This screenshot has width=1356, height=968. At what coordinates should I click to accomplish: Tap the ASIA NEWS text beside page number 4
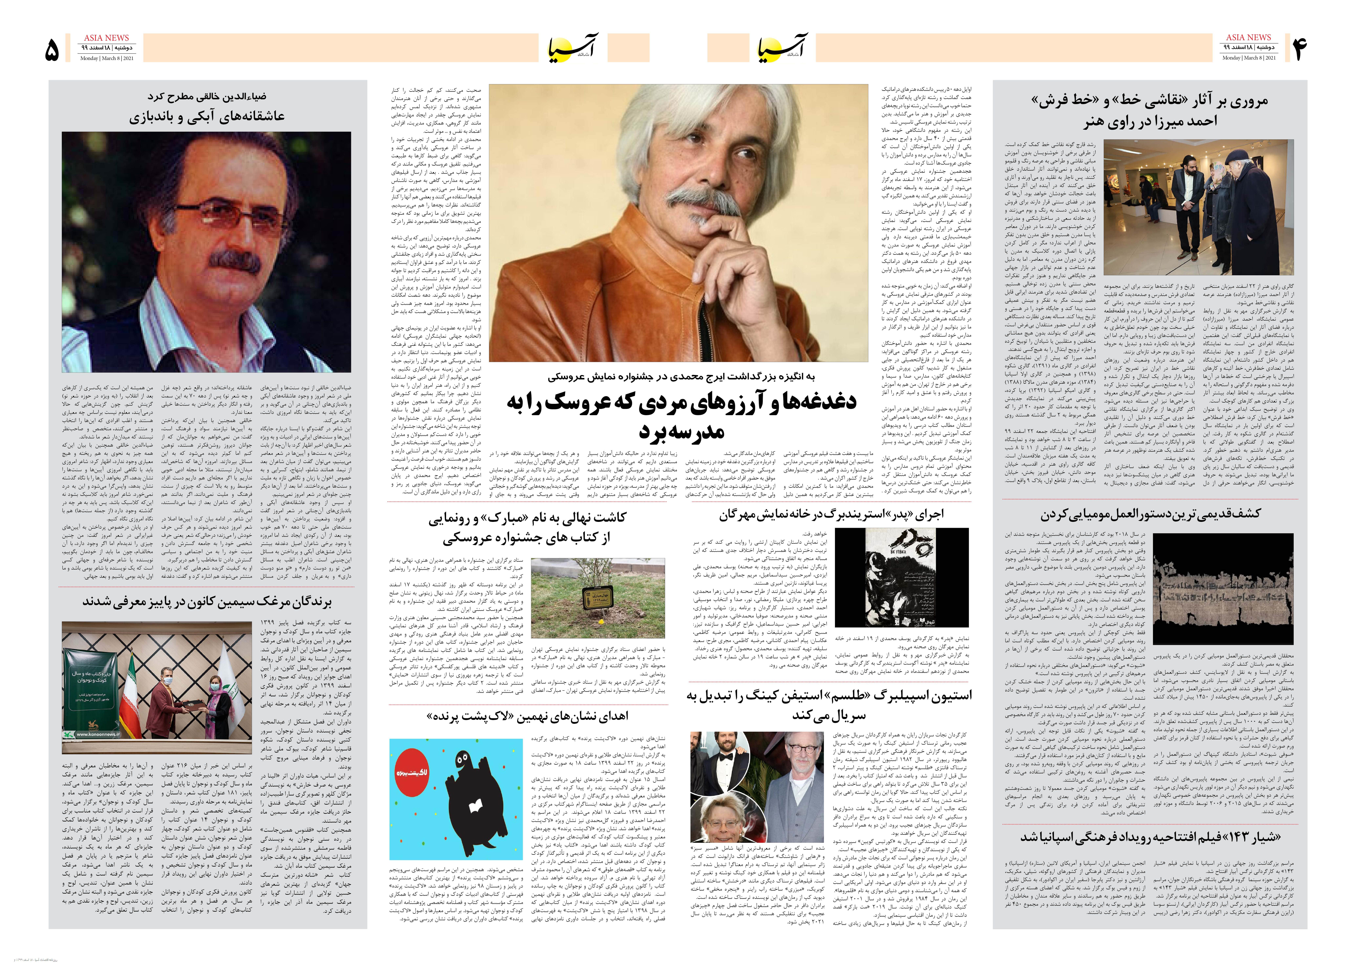click(x=1248, y=37)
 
